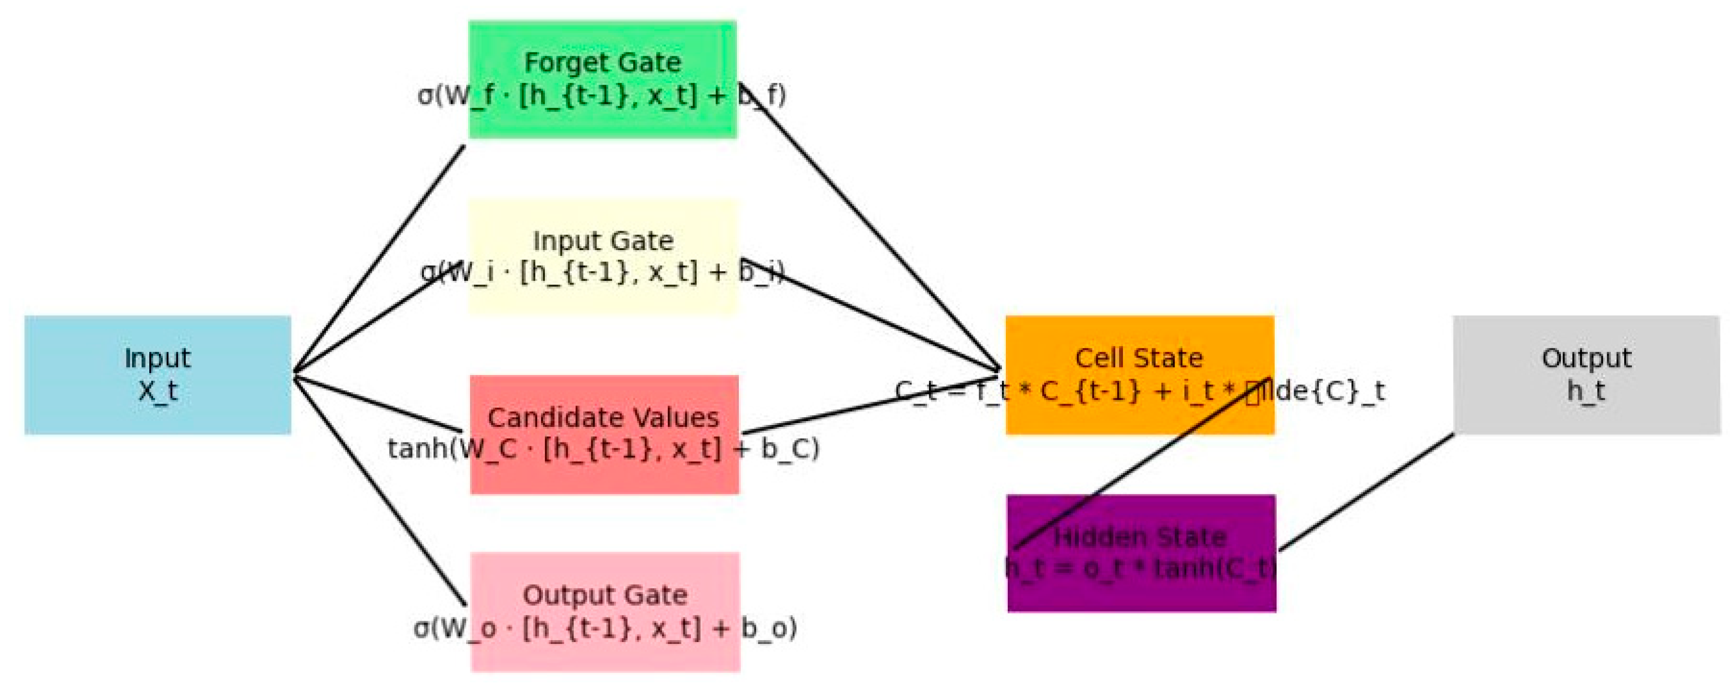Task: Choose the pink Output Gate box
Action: click(x=604, y=653)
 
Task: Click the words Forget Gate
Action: click(x=602, y=63)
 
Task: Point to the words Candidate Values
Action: click(x=603, y=417)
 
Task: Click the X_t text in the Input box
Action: click(x=158, y=390)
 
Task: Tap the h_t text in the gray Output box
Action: click(x=1586, y=390)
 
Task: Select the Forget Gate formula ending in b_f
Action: click(x=601, y=95)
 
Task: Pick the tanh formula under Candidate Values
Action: click(x=603, y=448)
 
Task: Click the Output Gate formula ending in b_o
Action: click(x=605, y=628)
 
